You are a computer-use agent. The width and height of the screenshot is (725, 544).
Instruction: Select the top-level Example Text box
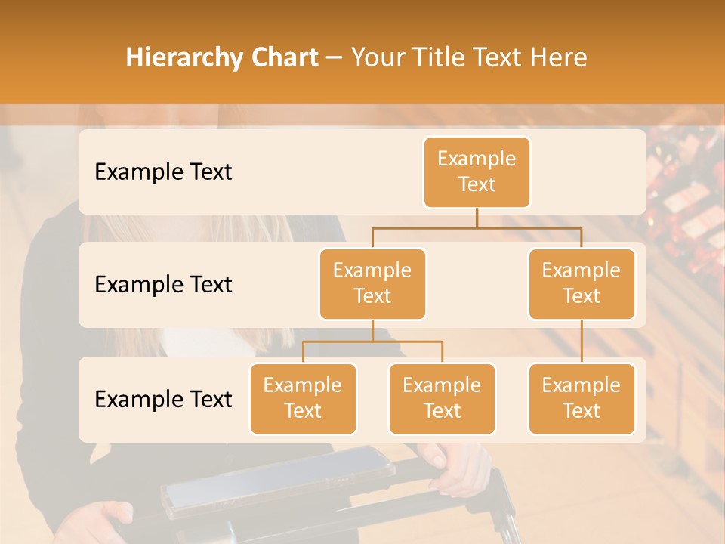pos(477,172)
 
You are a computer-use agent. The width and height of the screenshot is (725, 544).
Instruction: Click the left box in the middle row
pos(372,283)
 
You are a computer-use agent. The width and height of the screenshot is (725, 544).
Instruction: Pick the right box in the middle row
pos(582,283)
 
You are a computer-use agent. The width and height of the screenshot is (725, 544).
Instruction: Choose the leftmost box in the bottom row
pos(303,398)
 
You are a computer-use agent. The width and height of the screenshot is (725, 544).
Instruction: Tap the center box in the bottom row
pos(442,398)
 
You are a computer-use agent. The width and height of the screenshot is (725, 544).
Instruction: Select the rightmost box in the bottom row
pos(582,398)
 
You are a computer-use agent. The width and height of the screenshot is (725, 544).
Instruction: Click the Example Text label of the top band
pos(163,172)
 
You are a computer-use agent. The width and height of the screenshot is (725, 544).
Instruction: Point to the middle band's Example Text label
pos(163,284)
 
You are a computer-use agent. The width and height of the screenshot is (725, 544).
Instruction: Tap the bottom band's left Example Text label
pos(163,399)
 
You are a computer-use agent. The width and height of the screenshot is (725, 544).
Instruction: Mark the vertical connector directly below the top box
pos(477,218)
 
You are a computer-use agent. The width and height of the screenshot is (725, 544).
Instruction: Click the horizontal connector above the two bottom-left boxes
pos(372,342)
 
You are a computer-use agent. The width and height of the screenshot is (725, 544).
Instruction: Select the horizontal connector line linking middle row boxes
pos(477,227)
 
